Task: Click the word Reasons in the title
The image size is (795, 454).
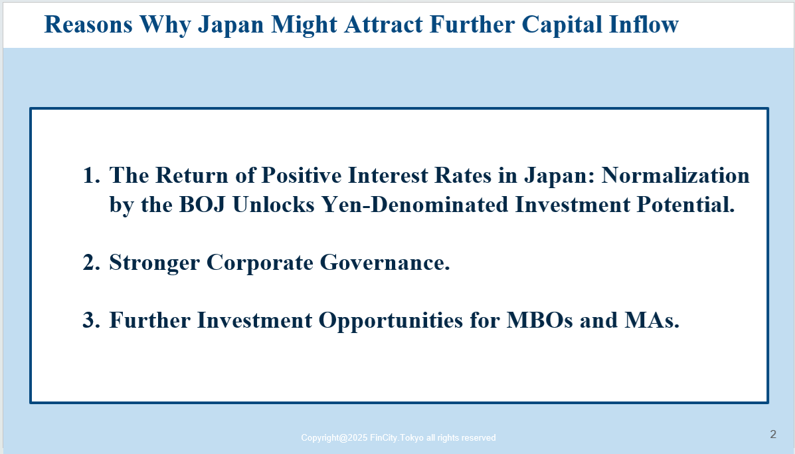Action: pyautogui.click(x=88, y=25)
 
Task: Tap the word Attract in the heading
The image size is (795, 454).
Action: pyautogui.click(x=383, y=25)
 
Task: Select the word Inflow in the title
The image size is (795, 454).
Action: pyautogui.click(x=644, y=25)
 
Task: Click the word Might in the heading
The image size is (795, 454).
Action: pyautogui.click(x=304, y=25)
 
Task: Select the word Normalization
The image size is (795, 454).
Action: pyautogui.click(x=675, y=175)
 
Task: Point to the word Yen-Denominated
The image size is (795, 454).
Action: pyautogui.click(x=414, y=205)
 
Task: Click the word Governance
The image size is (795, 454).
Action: pyautogui.click(x=385, y=263)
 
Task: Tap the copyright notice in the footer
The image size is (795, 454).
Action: pyautogui.click(x=398, y=438)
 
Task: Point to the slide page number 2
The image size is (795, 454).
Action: pyautogui.click(x=773, y=434)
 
